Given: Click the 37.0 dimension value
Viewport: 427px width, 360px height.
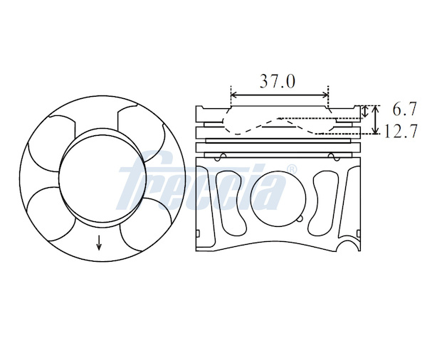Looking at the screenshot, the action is pyautogui.click(x=278, y=81).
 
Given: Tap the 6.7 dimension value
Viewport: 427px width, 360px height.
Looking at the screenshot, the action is pyautogui.click(x=405, y=109).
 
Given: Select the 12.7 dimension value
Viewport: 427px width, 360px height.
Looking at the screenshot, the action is pyautogui.click(x=401, y=131).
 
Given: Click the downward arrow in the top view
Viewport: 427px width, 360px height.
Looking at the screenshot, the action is pyautogui.click(x=99, y=243).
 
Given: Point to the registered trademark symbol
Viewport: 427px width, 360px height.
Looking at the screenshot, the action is pyautogui.click(x=292, y=169).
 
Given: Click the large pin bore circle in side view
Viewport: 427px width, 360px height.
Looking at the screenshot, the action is pyautogui.click(x=278, y=198).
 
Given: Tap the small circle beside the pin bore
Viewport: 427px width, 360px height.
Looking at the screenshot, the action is pyautogui.click(x=300, y=218).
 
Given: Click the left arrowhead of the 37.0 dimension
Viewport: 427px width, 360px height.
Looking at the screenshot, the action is pyautogui.click(x=233, y=95).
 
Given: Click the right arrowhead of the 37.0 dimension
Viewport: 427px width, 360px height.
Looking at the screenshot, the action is pyautogui.click(x=325, y=95).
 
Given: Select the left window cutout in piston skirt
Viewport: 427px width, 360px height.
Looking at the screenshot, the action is pyautogui.click(x=231, y=203).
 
